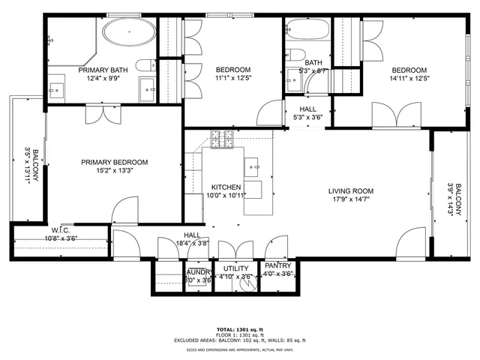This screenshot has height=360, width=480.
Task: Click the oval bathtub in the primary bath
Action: (x=129, y=32)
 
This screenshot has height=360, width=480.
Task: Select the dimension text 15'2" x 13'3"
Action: (x=115, y=170)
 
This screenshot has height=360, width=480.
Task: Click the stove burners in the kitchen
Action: (x=223, y=139)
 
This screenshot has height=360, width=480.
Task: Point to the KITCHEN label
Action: (x=225, y=187)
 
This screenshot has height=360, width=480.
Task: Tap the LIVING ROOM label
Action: (x=350, y=191)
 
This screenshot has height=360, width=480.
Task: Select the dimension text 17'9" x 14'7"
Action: (x=350, y=199)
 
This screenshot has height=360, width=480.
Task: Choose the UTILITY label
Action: (x=235, y=268)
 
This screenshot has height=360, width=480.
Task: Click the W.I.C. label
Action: (x=61, y=230)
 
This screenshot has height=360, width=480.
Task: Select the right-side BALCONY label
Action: (x=451, y=199)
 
